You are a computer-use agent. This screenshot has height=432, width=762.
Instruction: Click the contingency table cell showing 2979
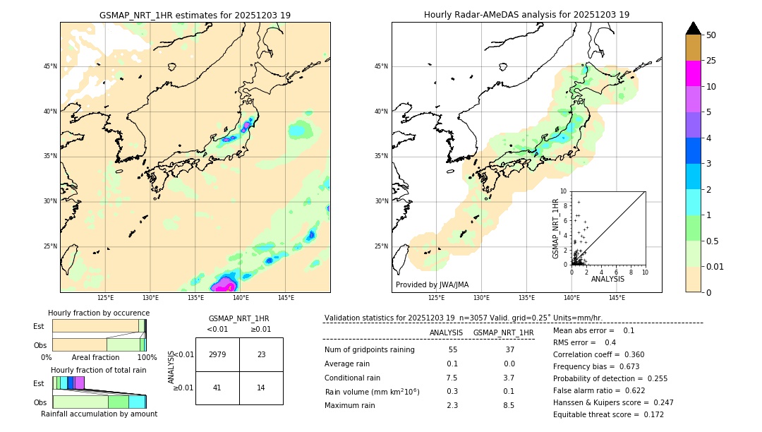tap(217, 354)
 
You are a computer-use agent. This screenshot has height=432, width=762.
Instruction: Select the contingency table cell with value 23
tap(261, 354)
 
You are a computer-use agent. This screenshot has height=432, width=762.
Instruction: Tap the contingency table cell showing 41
tap(217, 388)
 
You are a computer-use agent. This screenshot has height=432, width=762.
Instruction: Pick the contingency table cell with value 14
tap(261, 388)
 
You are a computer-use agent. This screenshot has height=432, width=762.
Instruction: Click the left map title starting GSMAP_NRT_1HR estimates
tap(195, 15)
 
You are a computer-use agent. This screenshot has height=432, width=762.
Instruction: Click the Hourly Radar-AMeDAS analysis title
tap(526, 15)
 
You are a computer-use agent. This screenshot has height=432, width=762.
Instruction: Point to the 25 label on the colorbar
tap(711, 61)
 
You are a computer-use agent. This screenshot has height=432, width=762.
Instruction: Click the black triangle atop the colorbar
tap(694, 28)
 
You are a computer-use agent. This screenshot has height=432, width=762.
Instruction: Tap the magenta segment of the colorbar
tap(694, 73)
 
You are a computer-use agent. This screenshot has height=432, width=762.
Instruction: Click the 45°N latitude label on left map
tap(50, 66)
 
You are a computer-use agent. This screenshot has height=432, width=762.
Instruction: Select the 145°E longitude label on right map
tap(617, 298)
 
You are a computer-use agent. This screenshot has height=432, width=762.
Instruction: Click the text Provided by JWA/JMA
tap(432, 285)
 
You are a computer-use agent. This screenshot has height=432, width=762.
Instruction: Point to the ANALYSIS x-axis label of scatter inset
tap(607, 280)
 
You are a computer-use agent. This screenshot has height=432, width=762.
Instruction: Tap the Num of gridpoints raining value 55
tap(452, 350)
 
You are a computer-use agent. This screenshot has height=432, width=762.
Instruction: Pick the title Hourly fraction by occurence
tap(99, 313)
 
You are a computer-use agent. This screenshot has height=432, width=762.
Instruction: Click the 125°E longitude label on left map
tap(106, 298)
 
